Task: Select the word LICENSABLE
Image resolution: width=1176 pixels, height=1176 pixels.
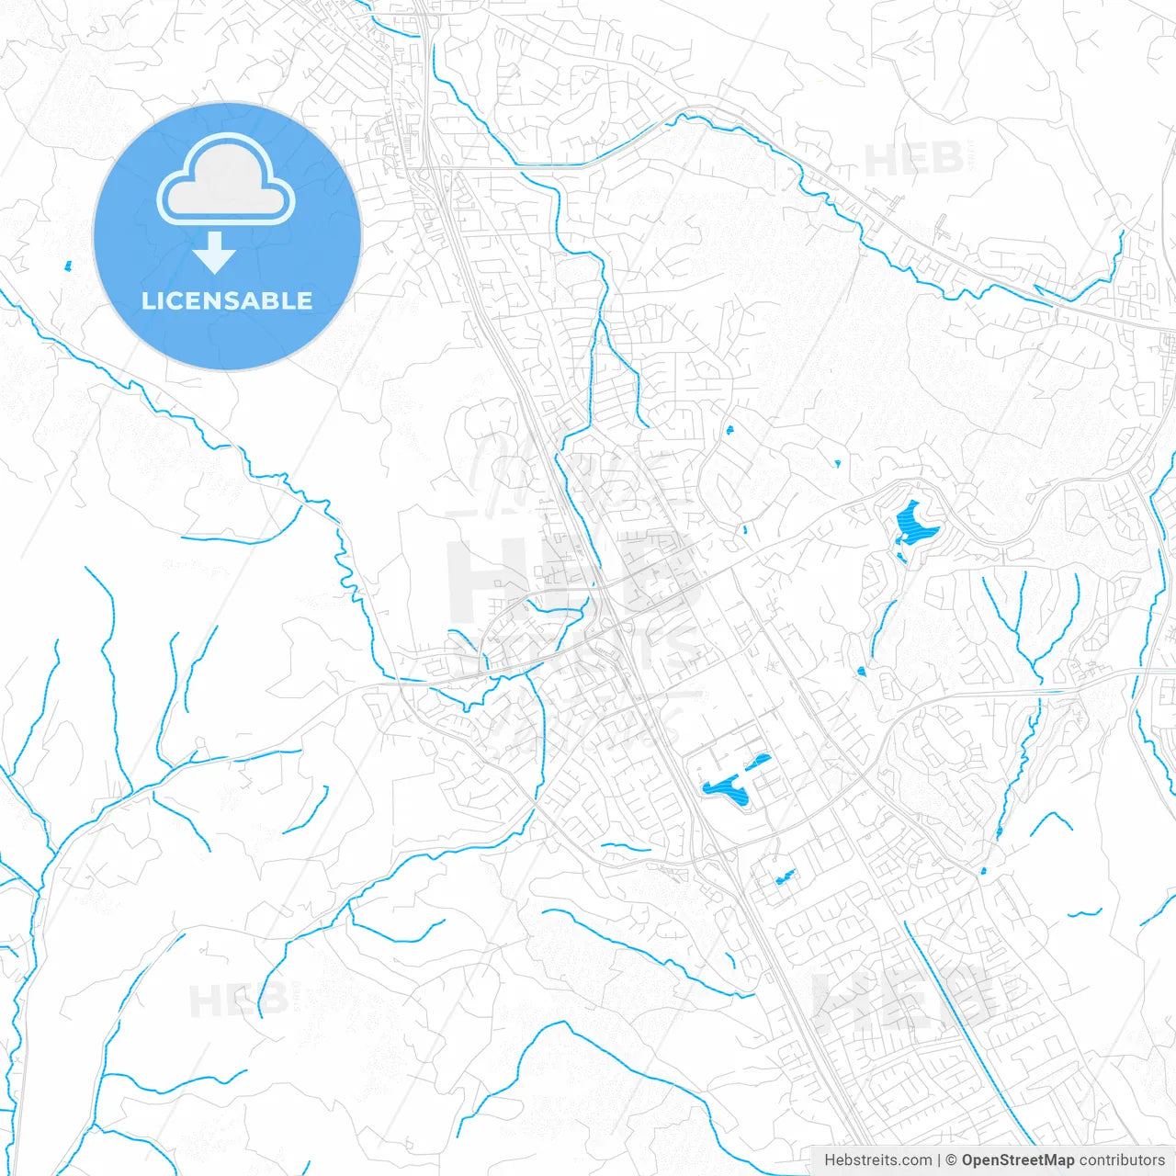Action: point(227,300)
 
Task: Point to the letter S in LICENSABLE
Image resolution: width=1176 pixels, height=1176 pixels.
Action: point(230,300)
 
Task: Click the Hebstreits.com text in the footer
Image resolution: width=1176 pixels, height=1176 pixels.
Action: point(877,1160)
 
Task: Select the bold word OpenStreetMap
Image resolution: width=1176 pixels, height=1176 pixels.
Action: point(1018,1160)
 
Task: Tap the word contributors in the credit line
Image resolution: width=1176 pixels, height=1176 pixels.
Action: point(1122,1160)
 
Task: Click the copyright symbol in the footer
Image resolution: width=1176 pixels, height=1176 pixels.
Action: point(952,1160)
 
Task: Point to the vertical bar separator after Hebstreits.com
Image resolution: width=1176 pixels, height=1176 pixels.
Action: point(938,1160)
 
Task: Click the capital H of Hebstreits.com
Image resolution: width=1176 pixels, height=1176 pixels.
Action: point(830,1160)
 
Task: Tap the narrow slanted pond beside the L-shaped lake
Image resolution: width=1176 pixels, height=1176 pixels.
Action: point(761,761)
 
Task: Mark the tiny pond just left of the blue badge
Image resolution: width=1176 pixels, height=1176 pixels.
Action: point(67,266)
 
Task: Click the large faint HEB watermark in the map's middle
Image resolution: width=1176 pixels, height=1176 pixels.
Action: point(570,579)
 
